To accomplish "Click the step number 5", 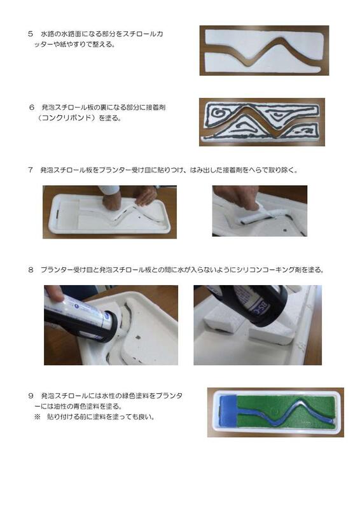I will click(30, 32).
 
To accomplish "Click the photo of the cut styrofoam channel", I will click(264, 50).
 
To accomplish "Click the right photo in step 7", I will click(260, 211).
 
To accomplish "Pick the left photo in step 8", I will click(111, 324).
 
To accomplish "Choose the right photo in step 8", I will click(257, 324).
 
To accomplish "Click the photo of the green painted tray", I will click(275, 412).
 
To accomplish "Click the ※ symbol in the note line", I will click(37, 417).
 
